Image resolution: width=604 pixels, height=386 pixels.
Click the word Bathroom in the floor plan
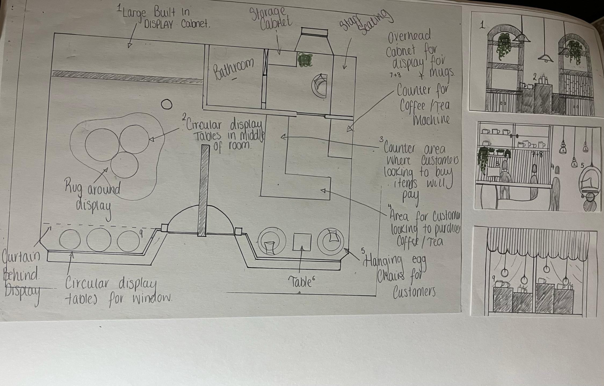pyautogui.click(x=233, y=69)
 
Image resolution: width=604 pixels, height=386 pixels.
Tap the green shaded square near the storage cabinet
pyautogui.click(x=304, y=60)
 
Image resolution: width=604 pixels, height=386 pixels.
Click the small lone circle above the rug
pyautogui.click(x=167, y=104)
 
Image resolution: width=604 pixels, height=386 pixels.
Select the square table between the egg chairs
pyautogui.click(x=302, y=242)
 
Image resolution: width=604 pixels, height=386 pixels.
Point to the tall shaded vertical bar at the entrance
pyautogui.click(x=203, y=190)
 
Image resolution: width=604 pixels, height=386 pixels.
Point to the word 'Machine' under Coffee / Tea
pyautogui.click(x=431, y=119)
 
